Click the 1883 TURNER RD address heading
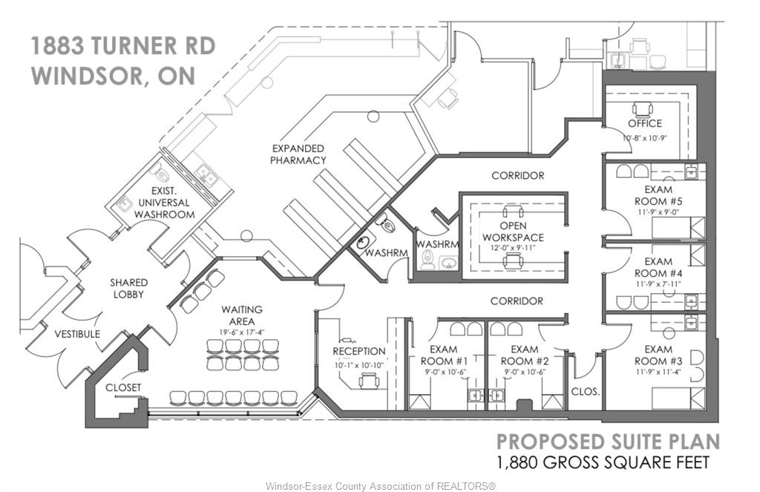click(123, 46)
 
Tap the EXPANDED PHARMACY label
click(298, 154)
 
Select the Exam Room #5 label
click(658, 195)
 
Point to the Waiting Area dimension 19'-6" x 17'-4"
click(243, 332)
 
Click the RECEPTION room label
click(359, 351)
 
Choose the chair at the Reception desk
click(370, 381)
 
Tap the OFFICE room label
click(645, 123)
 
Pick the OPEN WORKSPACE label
click(514, 232)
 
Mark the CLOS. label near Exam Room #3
click(586, 391)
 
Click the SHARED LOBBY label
click(128, 288)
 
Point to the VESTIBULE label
click(77, 334)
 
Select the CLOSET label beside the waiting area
click(123, 387)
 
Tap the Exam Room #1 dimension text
click(444, 372)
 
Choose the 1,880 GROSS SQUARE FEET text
click(603, 462)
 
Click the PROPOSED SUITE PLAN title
click(609, 442)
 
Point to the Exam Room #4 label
click(658, 268)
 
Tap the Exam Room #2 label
click(525, 355)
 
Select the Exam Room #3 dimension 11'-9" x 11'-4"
click(658, 372)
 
